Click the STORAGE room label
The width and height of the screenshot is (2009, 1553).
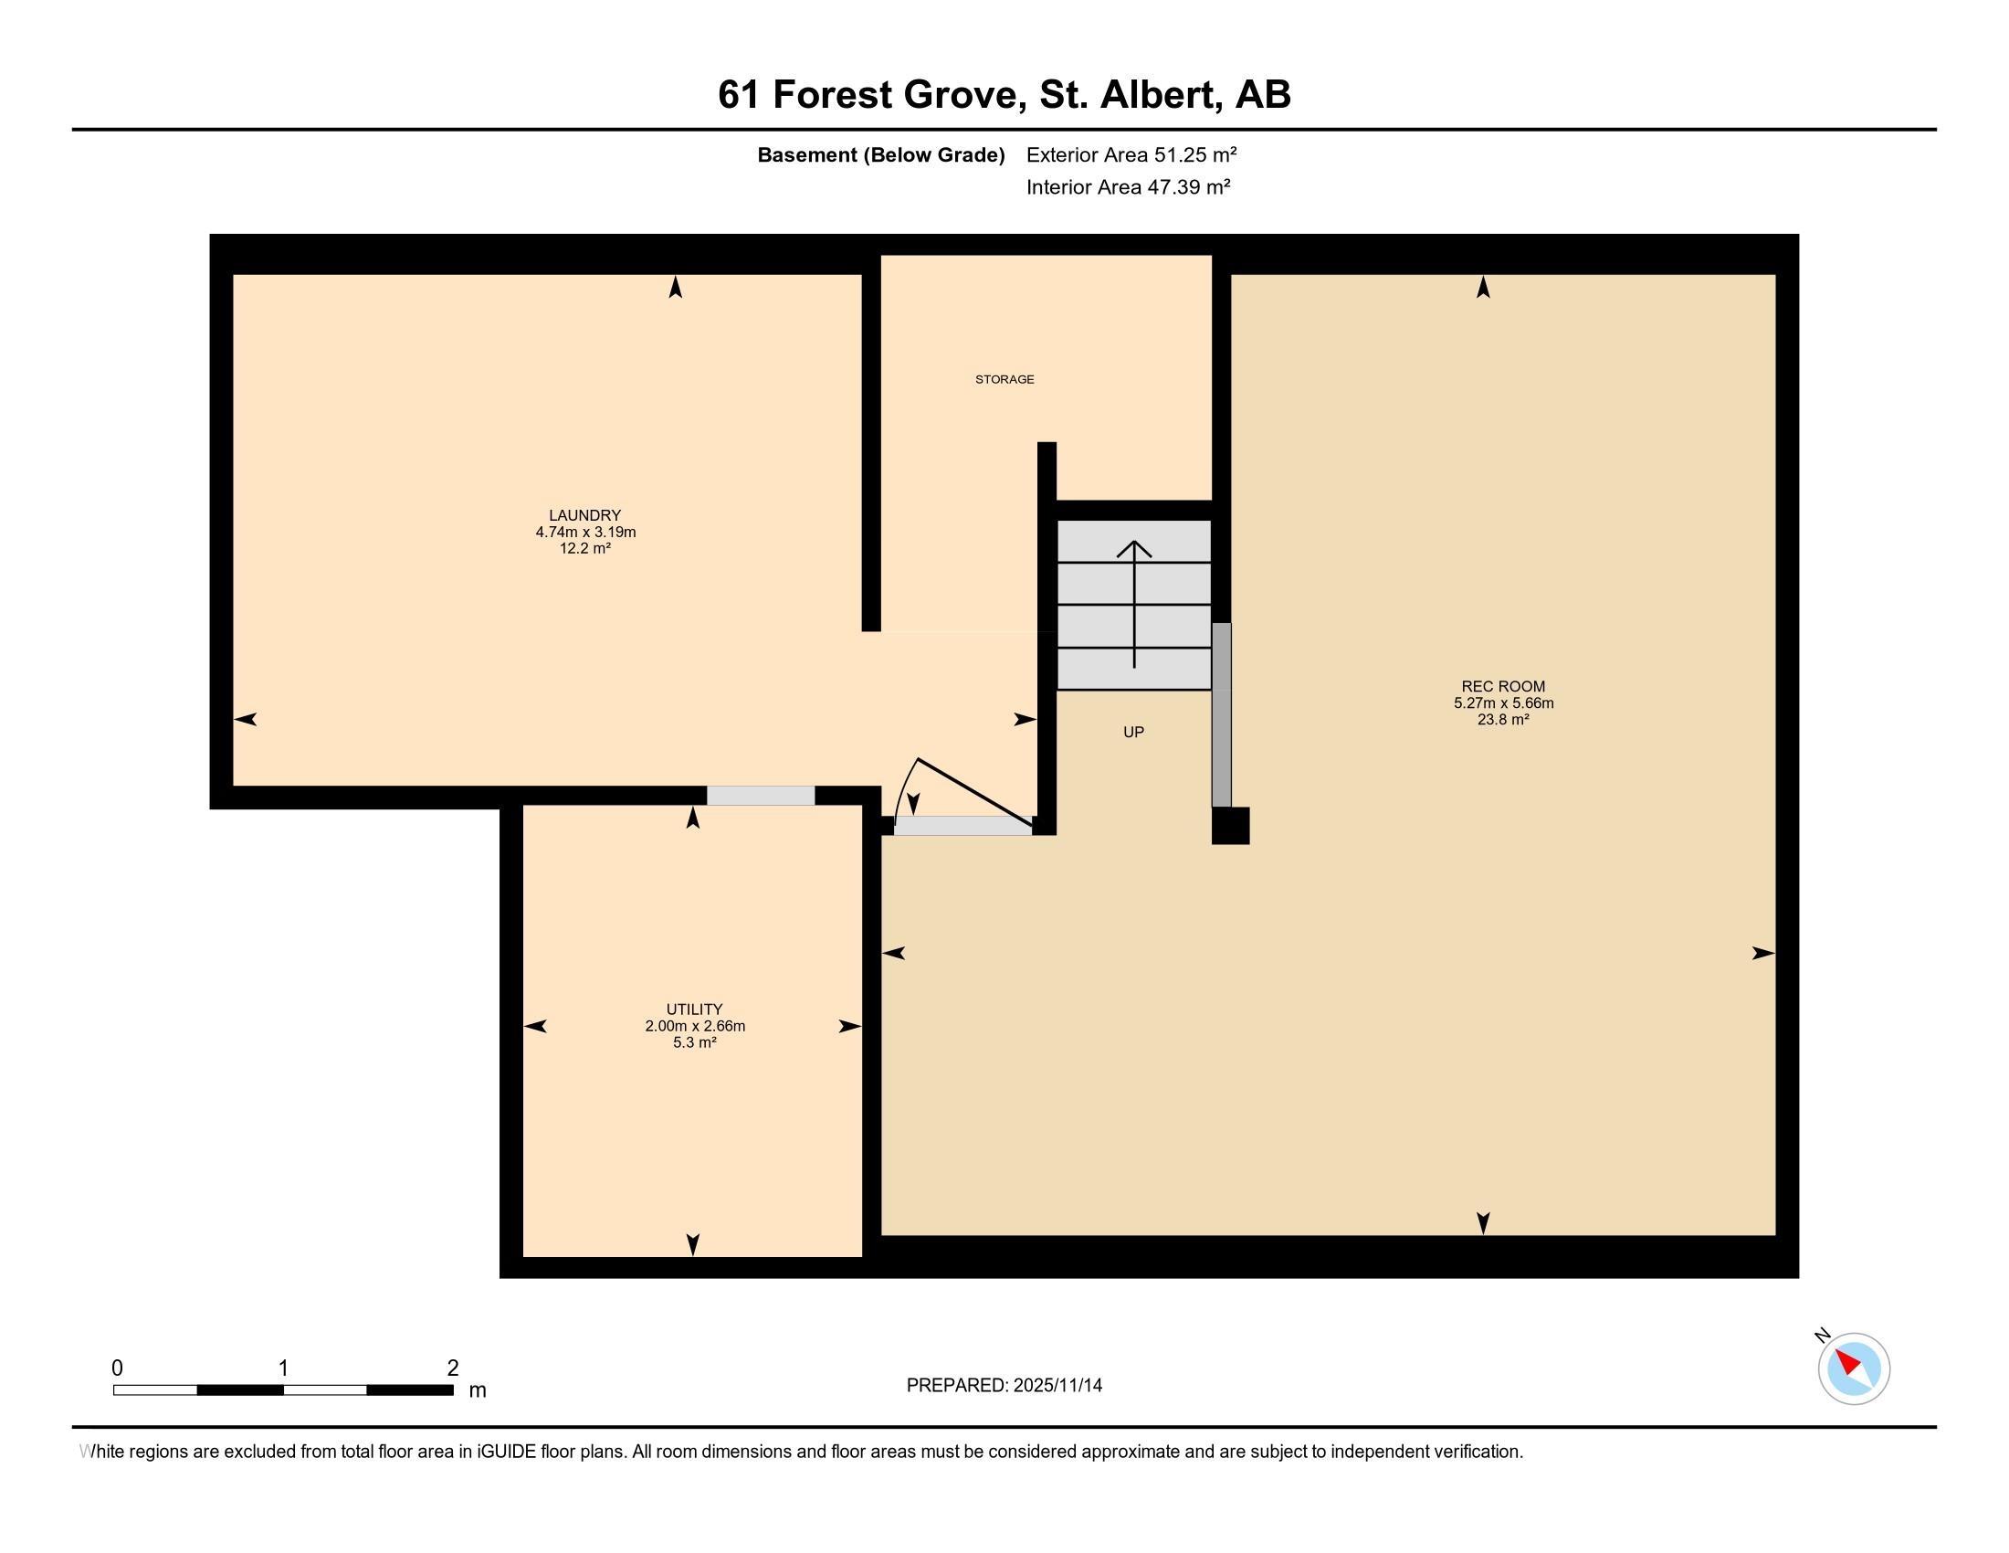[1004, 379]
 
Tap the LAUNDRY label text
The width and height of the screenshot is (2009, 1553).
[585, 515]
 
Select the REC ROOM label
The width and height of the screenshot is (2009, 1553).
[1503, 686]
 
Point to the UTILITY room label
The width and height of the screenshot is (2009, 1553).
[695, 1009]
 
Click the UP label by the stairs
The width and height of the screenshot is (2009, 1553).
[1133, 733]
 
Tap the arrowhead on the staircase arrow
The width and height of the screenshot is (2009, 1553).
[1134, 548]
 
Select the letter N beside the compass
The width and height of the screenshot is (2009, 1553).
[1823, 1335]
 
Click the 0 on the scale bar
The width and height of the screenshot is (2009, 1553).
[117, 1368]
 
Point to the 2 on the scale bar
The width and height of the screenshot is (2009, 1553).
[453, 1368]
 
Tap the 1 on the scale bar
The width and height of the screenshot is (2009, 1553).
[283, 1368]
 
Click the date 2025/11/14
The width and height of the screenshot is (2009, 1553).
[1057, 1385]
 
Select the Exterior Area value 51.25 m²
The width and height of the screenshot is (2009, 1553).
[1195, 154]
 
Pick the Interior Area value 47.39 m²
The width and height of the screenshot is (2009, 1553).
[1188, 186]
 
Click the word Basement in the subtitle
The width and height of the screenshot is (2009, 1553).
[806, 154]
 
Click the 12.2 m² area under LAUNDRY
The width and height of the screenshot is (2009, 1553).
[585, 548]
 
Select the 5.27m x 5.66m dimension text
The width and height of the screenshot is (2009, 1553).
[1503, 703]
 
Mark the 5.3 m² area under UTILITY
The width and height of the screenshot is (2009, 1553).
[695, 1042]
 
